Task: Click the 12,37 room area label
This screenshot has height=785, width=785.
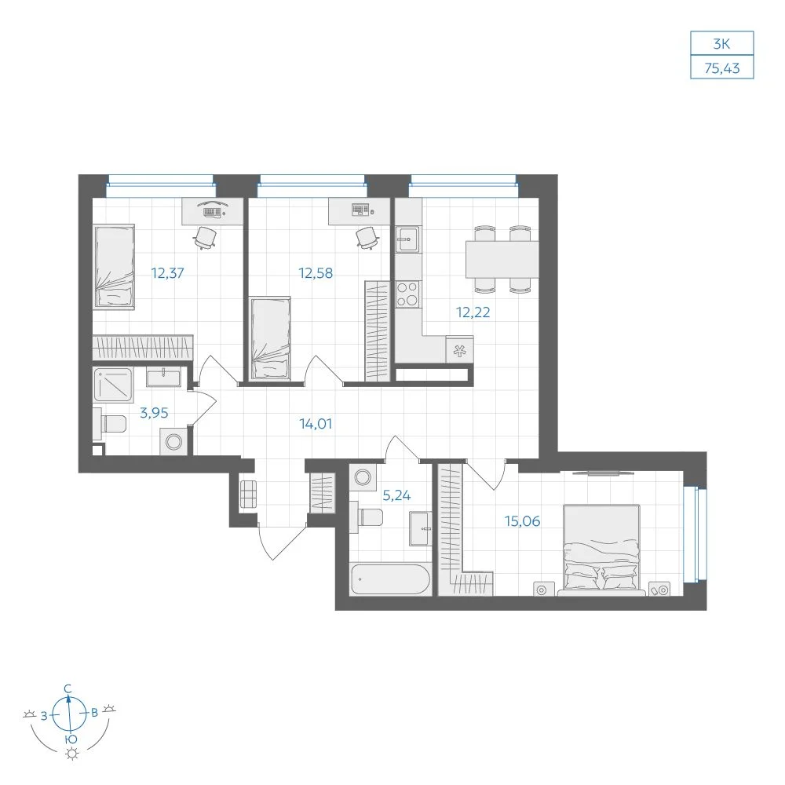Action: pos(168,273)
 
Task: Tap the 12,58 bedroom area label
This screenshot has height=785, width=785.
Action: pos(316,273)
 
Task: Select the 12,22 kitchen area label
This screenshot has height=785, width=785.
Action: pos(473,312)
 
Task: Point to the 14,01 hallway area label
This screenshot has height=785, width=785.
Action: pos(316,424)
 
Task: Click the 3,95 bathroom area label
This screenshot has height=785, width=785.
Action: pos(154,413)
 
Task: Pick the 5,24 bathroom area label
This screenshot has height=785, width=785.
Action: pos(396,495)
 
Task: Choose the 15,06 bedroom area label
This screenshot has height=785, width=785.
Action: pos(522,521)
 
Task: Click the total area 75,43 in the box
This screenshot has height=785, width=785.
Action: pos(722,68)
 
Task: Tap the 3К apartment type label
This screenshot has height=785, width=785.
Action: pos(721,44)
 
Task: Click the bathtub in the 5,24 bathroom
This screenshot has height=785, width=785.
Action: pos(390,580)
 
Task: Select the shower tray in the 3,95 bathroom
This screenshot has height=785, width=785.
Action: pos(113,385)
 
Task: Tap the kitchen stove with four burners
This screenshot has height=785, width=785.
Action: pos(408,294)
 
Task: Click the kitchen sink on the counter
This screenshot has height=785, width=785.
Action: pos(408,239)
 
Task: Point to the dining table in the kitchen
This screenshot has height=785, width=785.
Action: pos(502,259)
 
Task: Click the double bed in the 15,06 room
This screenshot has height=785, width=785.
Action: pos(601,549)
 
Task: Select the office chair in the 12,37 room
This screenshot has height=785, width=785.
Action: pos(205,237)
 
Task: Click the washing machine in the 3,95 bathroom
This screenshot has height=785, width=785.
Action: pos(173,442)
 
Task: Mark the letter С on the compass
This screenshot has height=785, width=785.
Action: pos(68,689)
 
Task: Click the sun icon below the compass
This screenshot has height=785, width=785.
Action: pos(72,754)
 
